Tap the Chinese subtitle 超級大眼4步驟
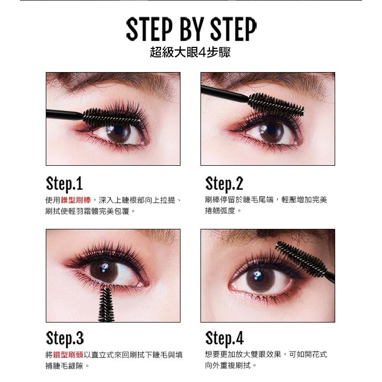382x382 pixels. click(x=190, y=52)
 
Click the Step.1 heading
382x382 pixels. click(x=64, y=184)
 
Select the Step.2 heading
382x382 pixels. click(x=224, y=184)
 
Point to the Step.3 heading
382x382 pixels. click(x=65, y=338)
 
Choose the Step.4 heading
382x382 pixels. click(x=224, y=338)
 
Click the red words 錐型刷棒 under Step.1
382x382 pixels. click(x=76, y=200)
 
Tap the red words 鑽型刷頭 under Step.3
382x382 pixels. click(x=68, y=355)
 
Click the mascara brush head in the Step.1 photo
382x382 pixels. click(x=112, y=117)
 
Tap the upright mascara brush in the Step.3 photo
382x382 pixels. click(x=106, y=305)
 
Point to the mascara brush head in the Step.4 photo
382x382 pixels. click(x=301, y=259)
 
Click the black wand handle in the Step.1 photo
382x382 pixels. click(x=65, y=115)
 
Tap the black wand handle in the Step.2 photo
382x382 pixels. click(x=225, y=94)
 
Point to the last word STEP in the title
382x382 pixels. click(x=233, y=29)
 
